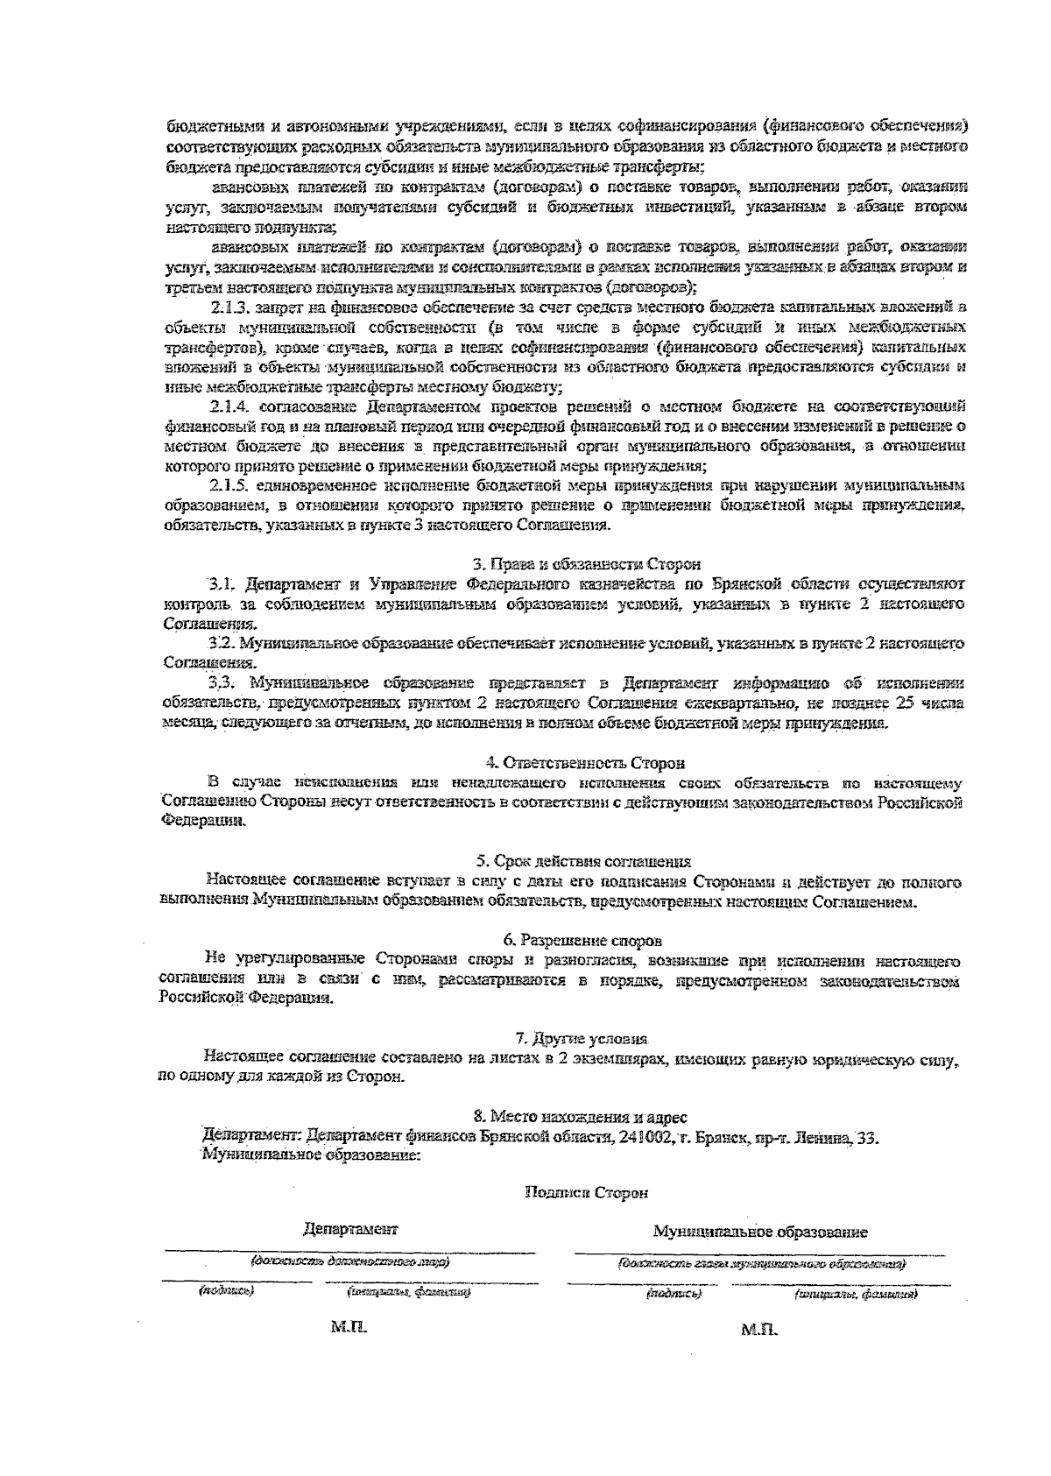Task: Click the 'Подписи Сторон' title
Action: pyautogui.click(x=586, y=1192)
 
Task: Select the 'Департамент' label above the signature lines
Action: pyautogui.click(x=350, y=1230)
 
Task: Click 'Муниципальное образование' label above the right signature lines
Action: pyautogui.click(x=760, y=1232)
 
